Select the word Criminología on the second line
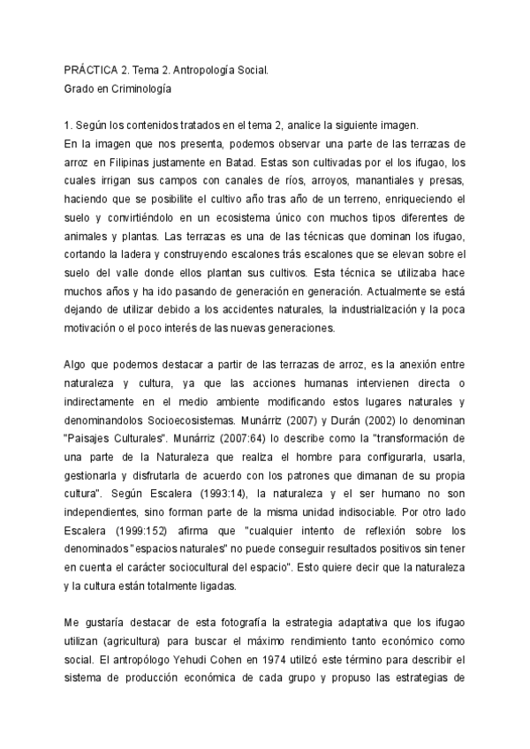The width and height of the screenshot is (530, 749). point(138,88)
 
